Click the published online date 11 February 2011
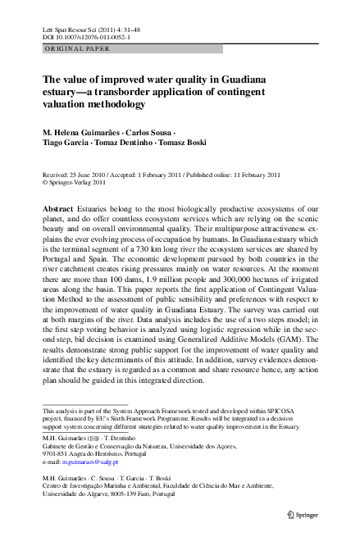tap(250, 175)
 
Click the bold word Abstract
tap(57, 211)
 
